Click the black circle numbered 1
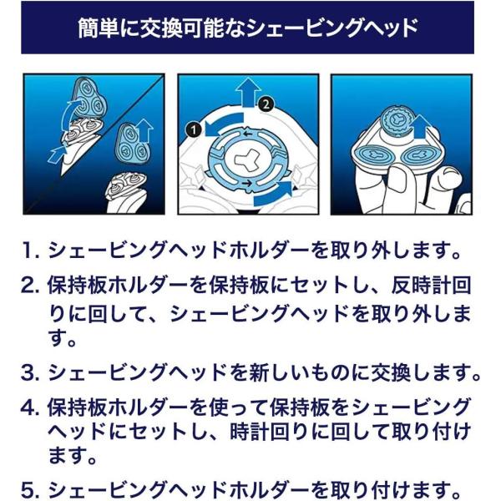point(194,129)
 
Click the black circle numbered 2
point(266,104)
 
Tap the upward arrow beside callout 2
point(248,91)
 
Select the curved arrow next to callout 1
point(224,124)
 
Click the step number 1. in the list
point(31,250)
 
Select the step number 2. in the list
point(31,286)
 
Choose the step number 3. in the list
point(31,372)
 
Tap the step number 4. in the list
point(31,408)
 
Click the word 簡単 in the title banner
point(99,28)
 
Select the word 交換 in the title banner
point(159,28)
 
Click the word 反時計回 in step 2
point(432,285)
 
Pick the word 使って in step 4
point(239,408)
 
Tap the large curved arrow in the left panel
point(73,113)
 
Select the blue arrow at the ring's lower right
point(274,195)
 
